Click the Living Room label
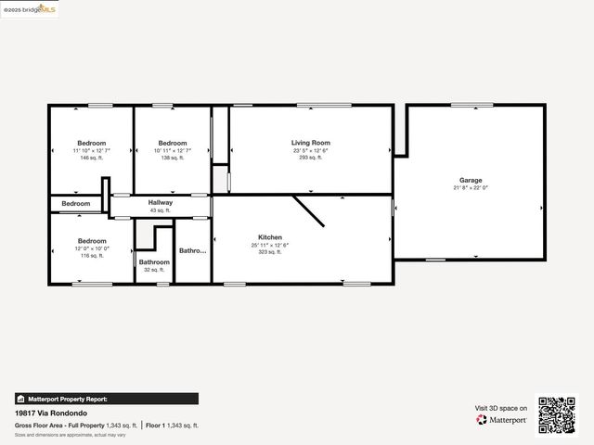point(310,143)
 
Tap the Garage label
point(471,180)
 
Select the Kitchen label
point(270,237)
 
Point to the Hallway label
point(161,202)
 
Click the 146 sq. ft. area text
point(91,158)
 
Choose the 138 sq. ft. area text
point(173,158)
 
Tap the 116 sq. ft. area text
point(91,255)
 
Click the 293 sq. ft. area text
point(310,158)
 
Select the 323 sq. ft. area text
point(270,251)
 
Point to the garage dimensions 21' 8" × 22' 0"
point(471,187)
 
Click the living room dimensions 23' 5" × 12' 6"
point(310,150)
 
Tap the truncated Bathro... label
point(193,250)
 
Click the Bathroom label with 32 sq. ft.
point(154,262)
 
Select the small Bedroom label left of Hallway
point(76,204)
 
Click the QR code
point(557,414)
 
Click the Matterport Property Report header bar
point(106,399)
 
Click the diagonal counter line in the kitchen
point(309,210)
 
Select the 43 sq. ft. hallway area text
point(161,210)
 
